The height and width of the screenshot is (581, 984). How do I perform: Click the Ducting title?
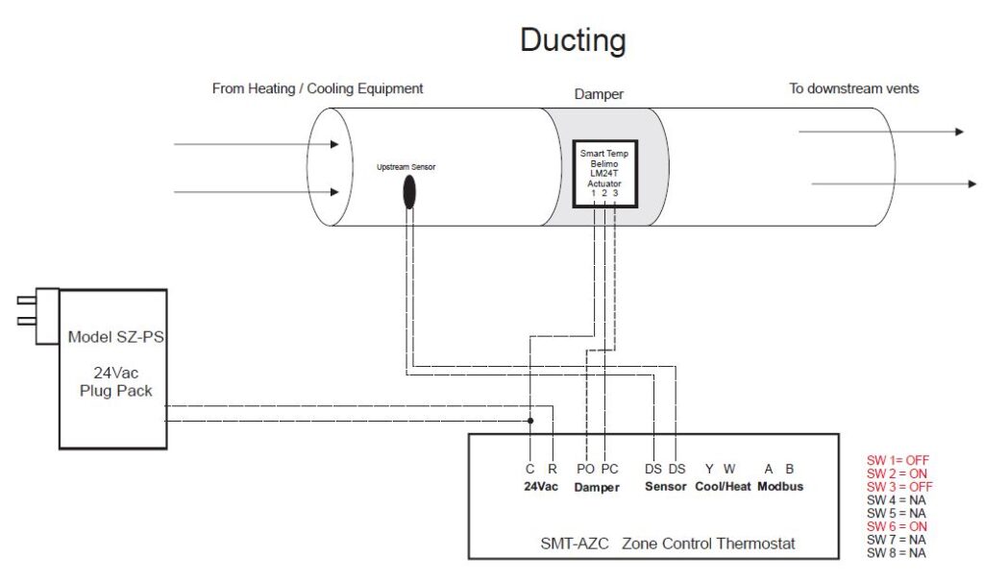[573, 39]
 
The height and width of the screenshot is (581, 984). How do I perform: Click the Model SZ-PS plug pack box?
[112, 369]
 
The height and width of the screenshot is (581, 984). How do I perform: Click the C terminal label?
[529, 469]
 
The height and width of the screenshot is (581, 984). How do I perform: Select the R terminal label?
[553, 469]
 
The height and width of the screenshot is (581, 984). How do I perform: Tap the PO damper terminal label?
[585, 469]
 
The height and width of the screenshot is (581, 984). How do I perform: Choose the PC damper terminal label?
[609, 469]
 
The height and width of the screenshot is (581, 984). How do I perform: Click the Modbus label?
[779, 487]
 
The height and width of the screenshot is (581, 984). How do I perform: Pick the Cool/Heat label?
[723, 487]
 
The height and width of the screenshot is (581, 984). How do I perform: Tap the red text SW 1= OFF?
[898, 460]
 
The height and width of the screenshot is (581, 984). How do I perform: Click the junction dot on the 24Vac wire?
[529, 420]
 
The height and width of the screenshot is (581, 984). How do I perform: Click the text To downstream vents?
[853, 88]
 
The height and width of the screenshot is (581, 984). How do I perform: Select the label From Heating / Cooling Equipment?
[317, 88]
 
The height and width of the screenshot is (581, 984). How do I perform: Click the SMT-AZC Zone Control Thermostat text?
[668, 544]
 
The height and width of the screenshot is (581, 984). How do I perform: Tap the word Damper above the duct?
[599, 96]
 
